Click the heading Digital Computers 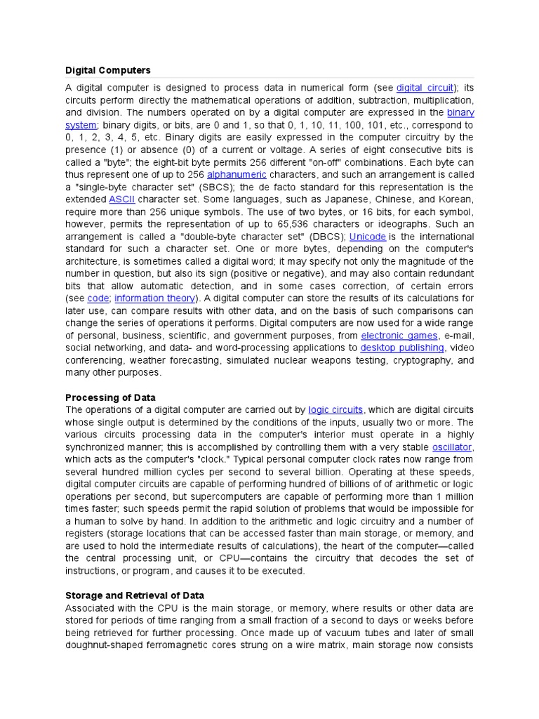click(107, 70)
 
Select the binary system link click(460, 112)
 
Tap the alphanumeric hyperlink click(237, 174)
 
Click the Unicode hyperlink click(367, 237)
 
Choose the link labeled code click(98, 298)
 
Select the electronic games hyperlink click(401, 336)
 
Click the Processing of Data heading click(110, 397)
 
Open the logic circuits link click(335, 410)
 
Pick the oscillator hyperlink click(452, 447)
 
